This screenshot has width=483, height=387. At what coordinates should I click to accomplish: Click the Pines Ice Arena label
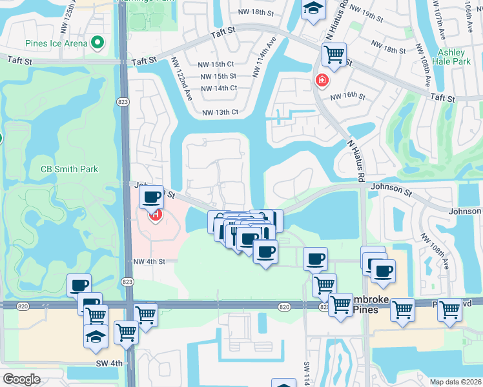point(55,44)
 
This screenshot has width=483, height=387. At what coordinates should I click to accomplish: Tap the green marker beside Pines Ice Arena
point(98,43)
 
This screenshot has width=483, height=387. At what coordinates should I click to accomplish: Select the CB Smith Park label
point(70,169)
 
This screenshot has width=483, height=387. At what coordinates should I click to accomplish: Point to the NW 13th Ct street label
point(220,112)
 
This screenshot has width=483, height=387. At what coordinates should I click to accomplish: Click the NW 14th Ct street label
point(219,88)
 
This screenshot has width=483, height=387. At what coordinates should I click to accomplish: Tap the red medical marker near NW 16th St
point(321,81)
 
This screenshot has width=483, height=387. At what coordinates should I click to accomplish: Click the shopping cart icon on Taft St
point(334,55)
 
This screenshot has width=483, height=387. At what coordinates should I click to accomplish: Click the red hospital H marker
point(155,215)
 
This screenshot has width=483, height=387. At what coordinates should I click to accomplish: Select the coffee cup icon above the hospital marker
point(151,197)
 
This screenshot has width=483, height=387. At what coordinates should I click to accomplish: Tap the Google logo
point(21,379)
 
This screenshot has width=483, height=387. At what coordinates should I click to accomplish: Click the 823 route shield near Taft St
point(122,102)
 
